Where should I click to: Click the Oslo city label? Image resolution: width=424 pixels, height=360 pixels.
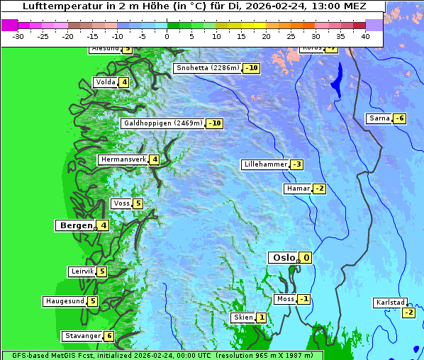pyautogui.click(x=283, y=258)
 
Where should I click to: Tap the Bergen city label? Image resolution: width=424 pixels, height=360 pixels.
pyautogui.click(x=75, y=225)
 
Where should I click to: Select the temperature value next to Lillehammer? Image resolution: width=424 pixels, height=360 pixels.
pyautogui.click(x=296, y=164)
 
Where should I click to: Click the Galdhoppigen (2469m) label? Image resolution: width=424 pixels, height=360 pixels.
pyautogui.click(x=163, y=123)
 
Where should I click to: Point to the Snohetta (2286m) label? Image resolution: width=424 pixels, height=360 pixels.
pyautogui.click(x=207, y=68)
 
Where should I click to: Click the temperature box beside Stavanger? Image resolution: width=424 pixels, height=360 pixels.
pyautogui.click(x=108, y=336)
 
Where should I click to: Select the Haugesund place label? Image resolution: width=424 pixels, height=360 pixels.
pyautogui.click(x=65, y=301)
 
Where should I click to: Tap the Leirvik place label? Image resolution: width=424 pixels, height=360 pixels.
pyautogui.click(x=82, y=271)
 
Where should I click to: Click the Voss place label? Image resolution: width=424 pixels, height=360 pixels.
pyautogui.click(x=121, y=203)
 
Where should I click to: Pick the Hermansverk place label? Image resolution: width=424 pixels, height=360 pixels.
pyautogui.click(x=123, y=159)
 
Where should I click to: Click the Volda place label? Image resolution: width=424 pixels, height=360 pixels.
pyautogui.click(x=105, y=82)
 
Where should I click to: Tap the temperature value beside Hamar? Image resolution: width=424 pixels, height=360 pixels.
pyautogui.click(x=319, y=189)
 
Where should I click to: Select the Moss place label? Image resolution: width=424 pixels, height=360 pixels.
pyautogui.click(x=285, y=299)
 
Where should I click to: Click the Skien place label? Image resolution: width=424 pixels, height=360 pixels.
pyautogui.click(x=242, y=317)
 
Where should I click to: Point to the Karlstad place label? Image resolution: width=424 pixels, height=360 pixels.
pyautogui.click(x=390, y=303)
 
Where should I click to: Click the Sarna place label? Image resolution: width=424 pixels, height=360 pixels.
pyautogui.click(x=379, y=118)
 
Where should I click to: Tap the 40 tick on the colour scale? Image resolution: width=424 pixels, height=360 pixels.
pyautogui.click(x=365, y=36)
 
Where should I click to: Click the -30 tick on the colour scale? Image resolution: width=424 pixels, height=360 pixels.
pyautogui.click(x=18, y=36)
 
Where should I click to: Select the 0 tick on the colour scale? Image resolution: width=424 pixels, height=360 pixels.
pyautogui.click(x=167, y=36)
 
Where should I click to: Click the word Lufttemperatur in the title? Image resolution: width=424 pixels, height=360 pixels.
pyautogui.click(x=55, y=6)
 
